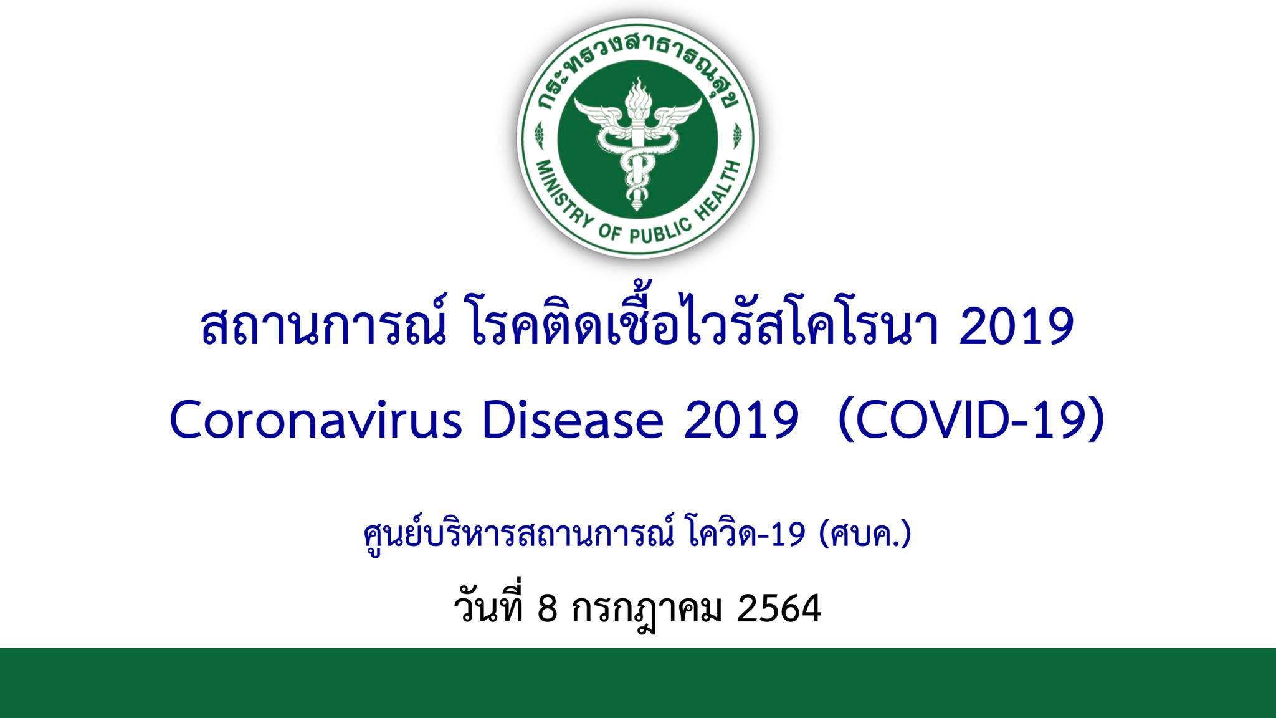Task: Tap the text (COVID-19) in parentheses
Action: [x=972, y=423]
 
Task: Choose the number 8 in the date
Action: [x=546, y=610]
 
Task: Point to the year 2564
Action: [x=779, y=610]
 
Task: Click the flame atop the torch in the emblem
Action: [x=637, y=97]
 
